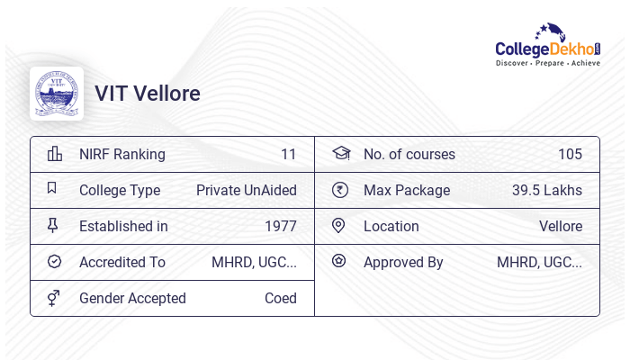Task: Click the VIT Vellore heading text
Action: pyautogui.click(x=148, y=94)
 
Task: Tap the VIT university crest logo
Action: pyautogui.click(x=57, y=94)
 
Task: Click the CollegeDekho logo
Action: pyautogui.click(x=548, y=46)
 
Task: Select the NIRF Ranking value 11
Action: pyautogui.click(x=288, y=154)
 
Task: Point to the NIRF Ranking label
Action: pyautogui.click(x=122, y=154)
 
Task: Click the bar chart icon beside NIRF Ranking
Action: pyautogui.click(x=54, y=154)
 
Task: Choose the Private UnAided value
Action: pyautogui.click(x=247, y=190)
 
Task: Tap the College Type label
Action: pyautogui.click(x=120, y=190)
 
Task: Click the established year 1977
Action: pyautogui.click(x=281, y=226)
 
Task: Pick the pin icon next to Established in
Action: pyautogui.click(x=53, y=226)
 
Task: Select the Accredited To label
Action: pyautogui.click(x=122, y=262)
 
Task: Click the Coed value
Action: pyautogui.click(x=281, y=298)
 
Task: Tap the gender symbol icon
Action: pyautogui.click(x=54, y=298)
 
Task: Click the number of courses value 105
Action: pyautogui.click(x=570, y=154)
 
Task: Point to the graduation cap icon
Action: pyautogui.click(x=340, y=154)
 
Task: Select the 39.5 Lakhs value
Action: pyautogui.click(x=547, y=190)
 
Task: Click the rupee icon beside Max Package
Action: pyautogui.click(x=339, y=190)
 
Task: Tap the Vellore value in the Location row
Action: pyautogui.click(x=561, y=226)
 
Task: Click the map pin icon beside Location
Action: pyautogui.click(x=339, y=226)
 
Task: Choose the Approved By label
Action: pyautogui.click(x=403, y=262)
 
